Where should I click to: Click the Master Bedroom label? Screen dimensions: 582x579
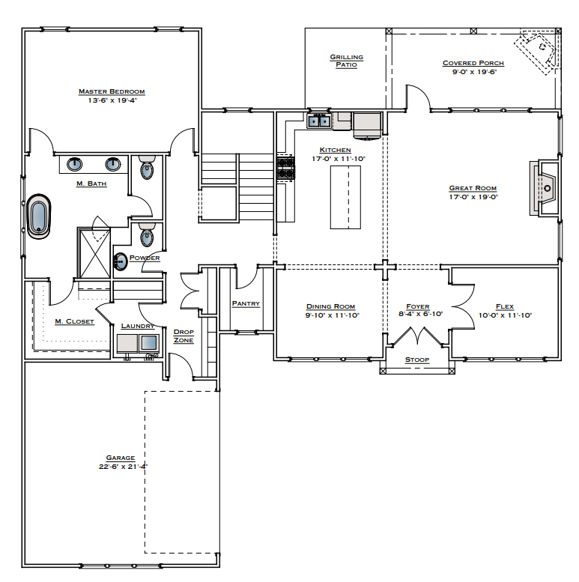click(x=112, y=91)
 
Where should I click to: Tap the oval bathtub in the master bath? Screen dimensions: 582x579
click(x=38, y=217)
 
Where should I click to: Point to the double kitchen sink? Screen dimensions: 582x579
click(x=319, y=121)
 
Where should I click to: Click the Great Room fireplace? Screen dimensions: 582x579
click(x=544, y=187)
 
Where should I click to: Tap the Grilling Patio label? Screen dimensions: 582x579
click(x=346, y=61)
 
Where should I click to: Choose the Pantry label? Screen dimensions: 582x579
click(x=246, y=303)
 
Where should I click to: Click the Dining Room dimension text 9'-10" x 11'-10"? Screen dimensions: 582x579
click(x=330, y=315)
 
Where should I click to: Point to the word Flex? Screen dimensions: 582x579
click(x=505, y=306)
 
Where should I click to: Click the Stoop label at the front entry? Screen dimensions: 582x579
click(x=417, y=360)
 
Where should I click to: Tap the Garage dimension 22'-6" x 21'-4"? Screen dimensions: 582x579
click(x=120, y=466)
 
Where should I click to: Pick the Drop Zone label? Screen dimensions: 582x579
click(x=184, y=336)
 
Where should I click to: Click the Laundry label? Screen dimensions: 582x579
click(x=138, y=326)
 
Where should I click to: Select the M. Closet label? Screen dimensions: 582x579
click(x=74, y=321)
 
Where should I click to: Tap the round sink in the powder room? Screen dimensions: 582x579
click(x=121, y=261)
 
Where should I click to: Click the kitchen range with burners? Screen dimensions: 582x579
click(x=285, y=169)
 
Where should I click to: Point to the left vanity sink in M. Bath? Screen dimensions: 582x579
click(x=76, y=163)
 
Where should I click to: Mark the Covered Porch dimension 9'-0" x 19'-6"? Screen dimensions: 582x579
click(x=473, y=73)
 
